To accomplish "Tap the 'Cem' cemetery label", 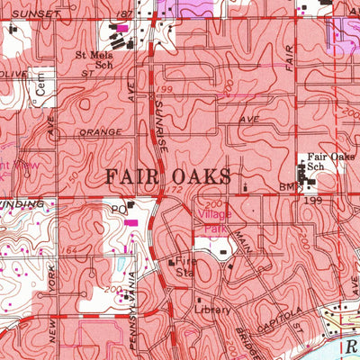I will (40, 88).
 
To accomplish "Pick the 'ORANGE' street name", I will (99, 132).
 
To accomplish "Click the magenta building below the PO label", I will (132, 221).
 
